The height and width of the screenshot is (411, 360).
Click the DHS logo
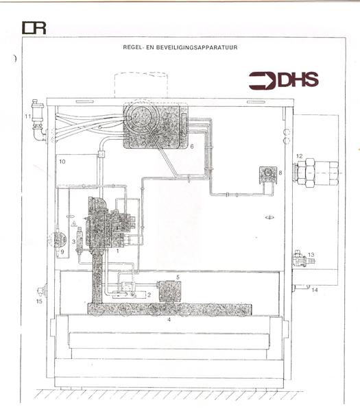[284, 80]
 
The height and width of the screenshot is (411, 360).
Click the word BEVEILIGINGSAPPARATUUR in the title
[197, 47]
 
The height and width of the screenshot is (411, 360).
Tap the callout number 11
[28, 116]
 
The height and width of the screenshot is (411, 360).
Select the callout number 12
[300, 156]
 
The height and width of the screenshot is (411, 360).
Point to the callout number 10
[62, 162]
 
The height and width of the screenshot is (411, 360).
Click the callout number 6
[192, 147]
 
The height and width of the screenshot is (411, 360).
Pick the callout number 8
[280, 173]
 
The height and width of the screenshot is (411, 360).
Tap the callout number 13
[311, 255]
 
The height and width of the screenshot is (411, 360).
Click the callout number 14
[315, 290]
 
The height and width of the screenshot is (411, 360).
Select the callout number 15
[39, 301]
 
